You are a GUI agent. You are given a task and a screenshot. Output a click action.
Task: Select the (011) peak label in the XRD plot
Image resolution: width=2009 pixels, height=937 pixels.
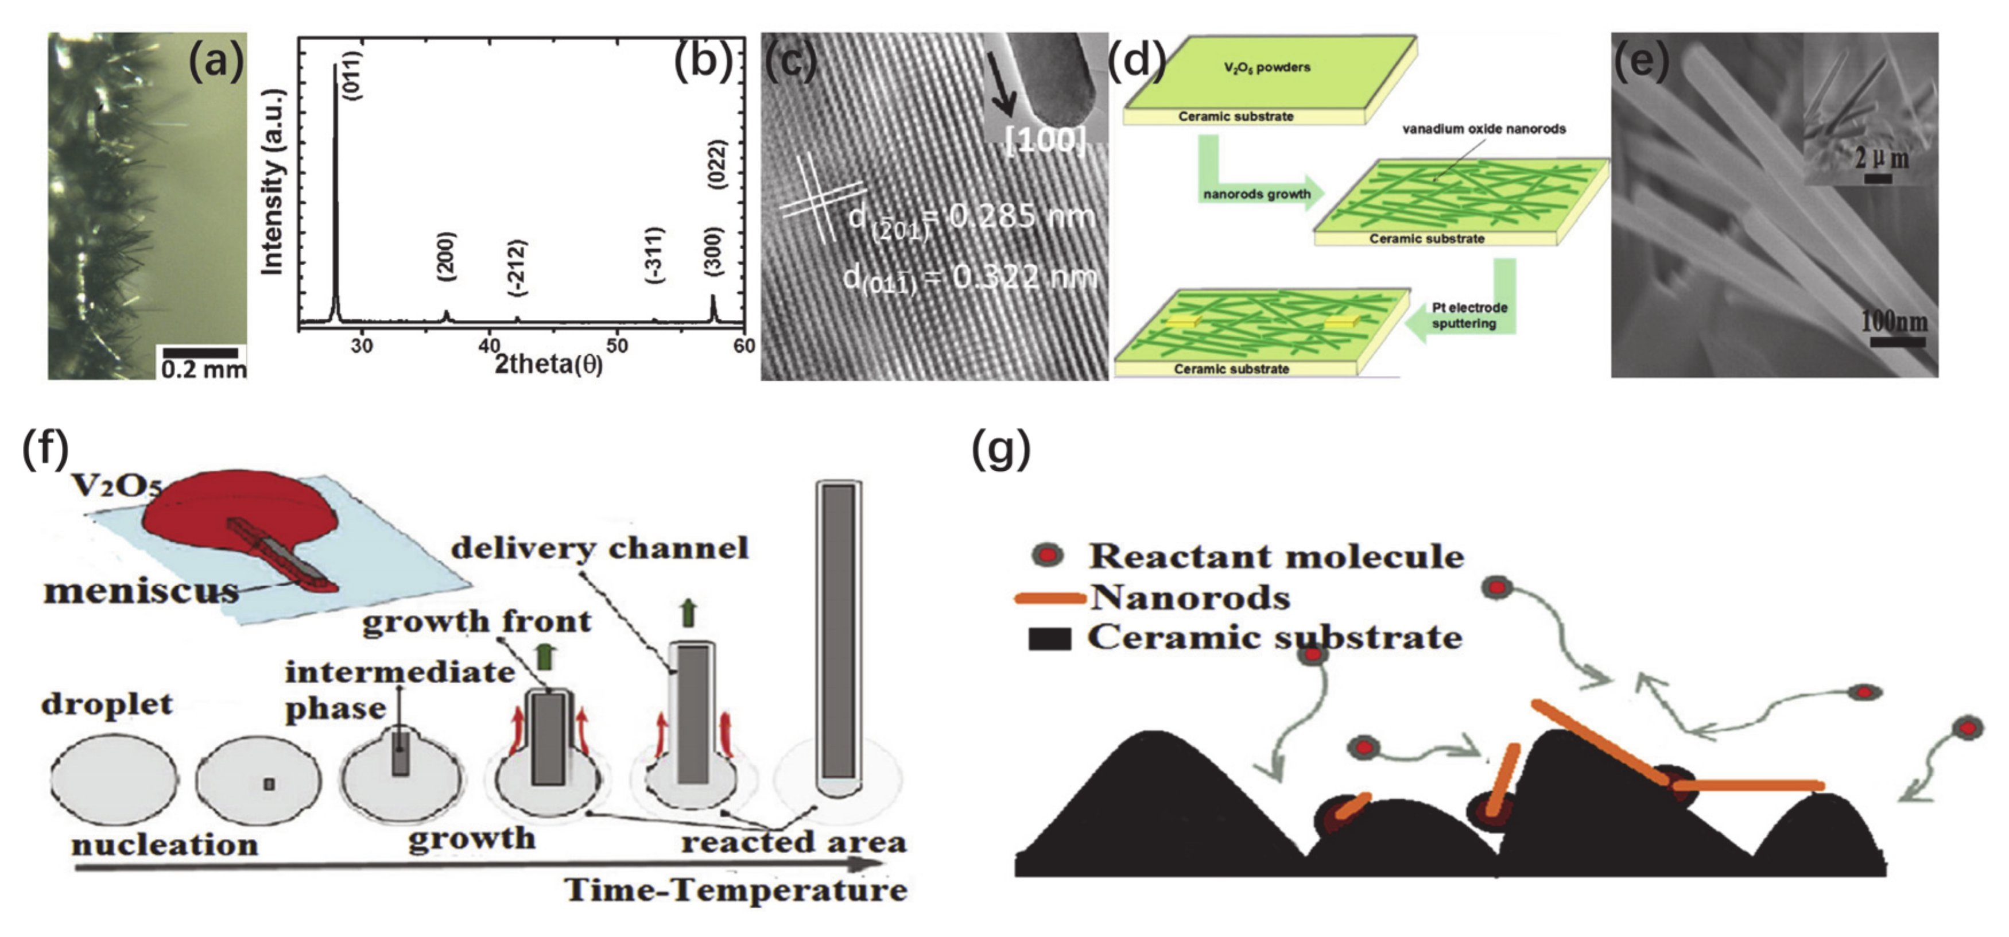click(x=352, y=75)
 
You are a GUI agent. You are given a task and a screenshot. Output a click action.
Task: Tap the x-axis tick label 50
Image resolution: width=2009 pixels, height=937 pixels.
click(x=617, y=345)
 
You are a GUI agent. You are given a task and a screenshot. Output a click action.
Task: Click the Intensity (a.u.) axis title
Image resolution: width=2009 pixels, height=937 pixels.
click(x=272, y=183)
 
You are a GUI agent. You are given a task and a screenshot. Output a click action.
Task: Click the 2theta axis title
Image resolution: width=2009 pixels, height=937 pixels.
click(x=548, y=363)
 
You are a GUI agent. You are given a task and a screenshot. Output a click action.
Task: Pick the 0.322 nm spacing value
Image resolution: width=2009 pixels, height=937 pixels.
click(x=1024, y=277)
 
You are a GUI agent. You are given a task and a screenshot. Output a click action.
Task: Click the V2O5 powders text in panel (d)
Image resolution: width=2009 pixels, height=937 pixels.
click(x=1267, y=67)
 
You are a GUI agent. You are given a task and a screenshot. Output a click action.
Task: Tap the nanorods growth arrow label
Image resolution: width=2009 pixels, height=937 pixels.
click(x=1256, y=193)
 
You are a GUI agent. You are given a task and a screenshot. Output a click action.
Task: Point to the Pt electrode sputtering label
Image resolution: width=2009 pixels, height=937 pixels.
click(x=1469, y=315)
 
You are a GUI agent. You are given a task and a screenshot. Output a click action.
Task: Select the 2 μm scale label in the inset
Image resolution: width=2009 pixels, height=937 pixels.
click(x=1882, y=158)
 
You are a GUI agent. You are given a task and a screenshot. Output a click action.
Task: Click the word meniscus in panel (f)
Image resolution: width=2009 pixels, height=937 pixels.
click(x=141, y=591)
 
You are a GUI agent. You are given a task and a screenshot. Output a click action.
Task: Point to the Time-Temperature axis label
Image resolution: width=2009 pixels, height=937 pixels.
click(x=735, y=890)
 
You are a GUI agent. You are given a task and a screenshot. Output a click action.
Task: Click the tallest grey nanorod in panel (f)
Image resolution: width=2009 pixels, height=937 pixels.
click(x=839, y=632)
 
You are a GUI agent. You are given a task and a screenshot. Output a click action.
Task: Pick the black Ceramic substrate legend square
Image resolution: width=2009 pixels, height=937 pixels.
click(x=1049, y=639)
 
